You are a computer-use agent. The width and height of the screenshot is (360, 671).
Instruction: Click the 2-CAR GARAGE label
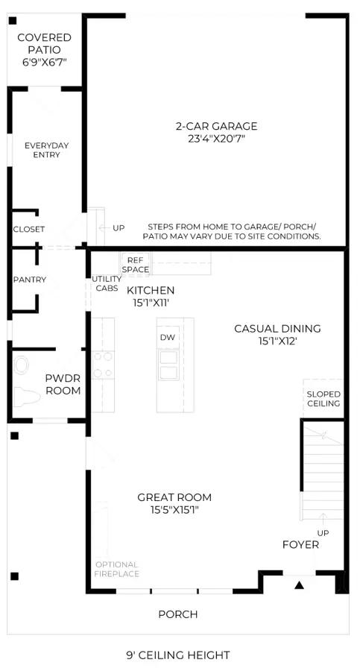(x=217, y=126)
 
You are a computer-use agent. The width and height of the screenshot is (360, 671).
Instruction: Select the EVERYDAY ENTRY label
(x=47, y=150)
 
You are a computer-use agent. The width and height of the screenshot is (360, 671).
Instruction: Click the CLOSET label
(x=28, y=230)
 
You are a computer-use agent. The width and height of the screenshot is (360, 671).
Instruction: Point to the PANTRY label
(x=30, y=280)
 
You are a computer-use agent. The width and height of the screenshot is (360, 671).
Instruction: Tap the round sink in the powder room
(x=22, y=365)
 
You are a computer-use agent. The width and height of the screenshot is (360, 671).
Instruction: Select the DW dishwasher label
(x=168, y=337)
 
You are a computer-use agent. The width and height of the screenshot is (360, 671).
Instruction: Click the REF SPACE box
(x=135, y=265)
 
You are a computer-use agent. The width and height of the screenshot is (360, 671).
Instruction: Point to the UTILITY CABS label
(x=107, y=283)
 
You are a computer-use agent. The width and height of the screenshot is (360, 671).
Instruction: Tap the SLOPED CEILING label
(x=323, y=399)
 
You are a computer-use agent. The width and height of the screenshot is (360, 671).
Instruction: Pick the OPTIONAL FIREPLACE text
(x=117, y=569)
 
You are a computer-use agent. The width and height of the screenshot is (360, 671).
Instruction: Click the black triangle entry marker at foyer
(x=299, y=585)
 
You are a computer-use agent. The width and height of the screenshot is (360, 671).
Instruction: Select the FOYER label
(x=300, y=545)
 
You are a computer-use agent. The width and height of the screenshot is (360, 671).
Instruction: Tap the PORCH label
(x=178, y=614)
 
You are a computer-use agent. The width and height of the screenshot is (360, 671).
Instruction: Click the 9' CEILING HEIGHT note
(x=177, y=655)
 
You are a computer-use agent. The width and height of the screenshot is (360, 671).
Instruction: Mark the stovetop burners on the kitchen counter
(x=103, y=365)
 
